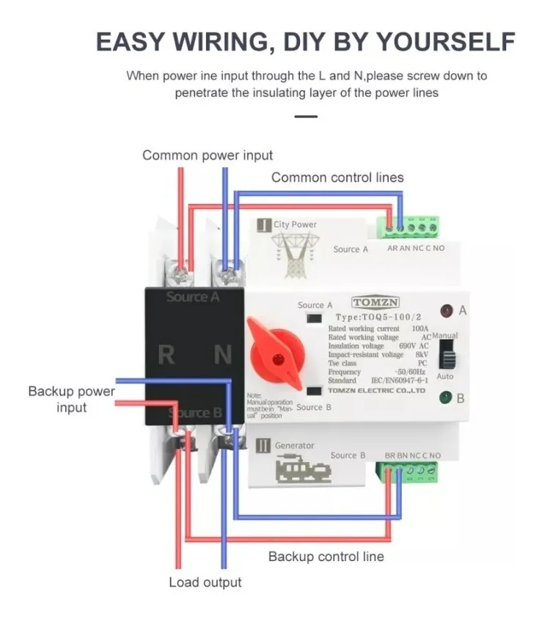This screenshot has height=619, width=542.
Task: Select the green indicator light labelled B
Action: (446, 398)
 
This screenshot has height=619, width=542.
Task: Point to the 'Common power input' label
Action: (208, 155)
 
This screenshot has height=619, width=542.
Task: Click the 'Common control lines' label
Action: (337, 177)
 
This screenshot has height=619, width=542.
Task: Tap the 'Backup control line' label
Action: (326, 557)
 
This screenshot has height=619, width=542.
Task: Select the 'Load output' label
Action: (205, 582)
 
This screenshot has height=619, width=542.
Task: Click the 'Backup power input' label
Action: (71, 399)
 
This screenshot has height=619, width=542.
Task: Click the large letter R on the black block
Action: (166, 355)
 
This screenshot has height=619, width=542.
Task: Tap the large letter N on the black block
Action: (223, 355)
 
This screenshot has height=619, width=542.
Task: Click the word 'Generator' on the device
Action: (294, 445)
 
